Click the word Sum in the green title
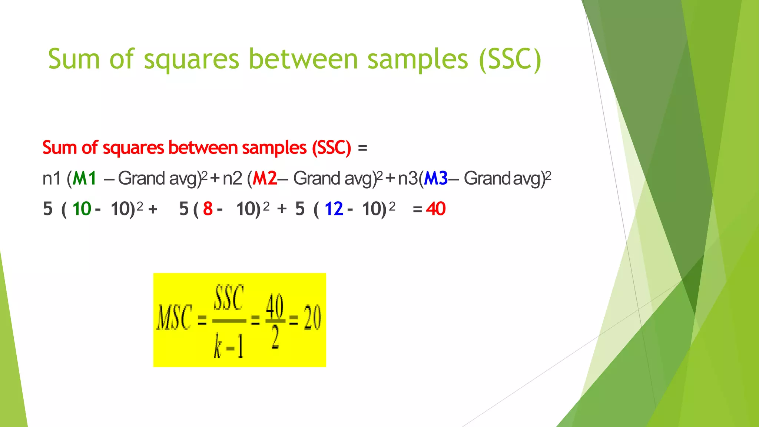(74, 59)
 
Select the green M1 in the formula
(84, 179)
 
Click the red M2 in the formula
(265, 179)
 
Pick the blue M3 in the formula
(436, 179)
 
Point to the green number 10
(82, 209)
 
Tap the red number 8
(208, 209)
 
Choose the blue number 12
(334, 209)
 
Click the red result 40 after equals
(435, 209)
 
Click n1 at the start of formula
(51, 179)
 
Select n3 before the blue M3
(408, 179)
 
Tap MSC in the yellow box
(175, 318)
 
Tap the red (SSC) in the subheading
(331, 148)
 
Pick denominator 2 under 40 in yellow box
(275, 338)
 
